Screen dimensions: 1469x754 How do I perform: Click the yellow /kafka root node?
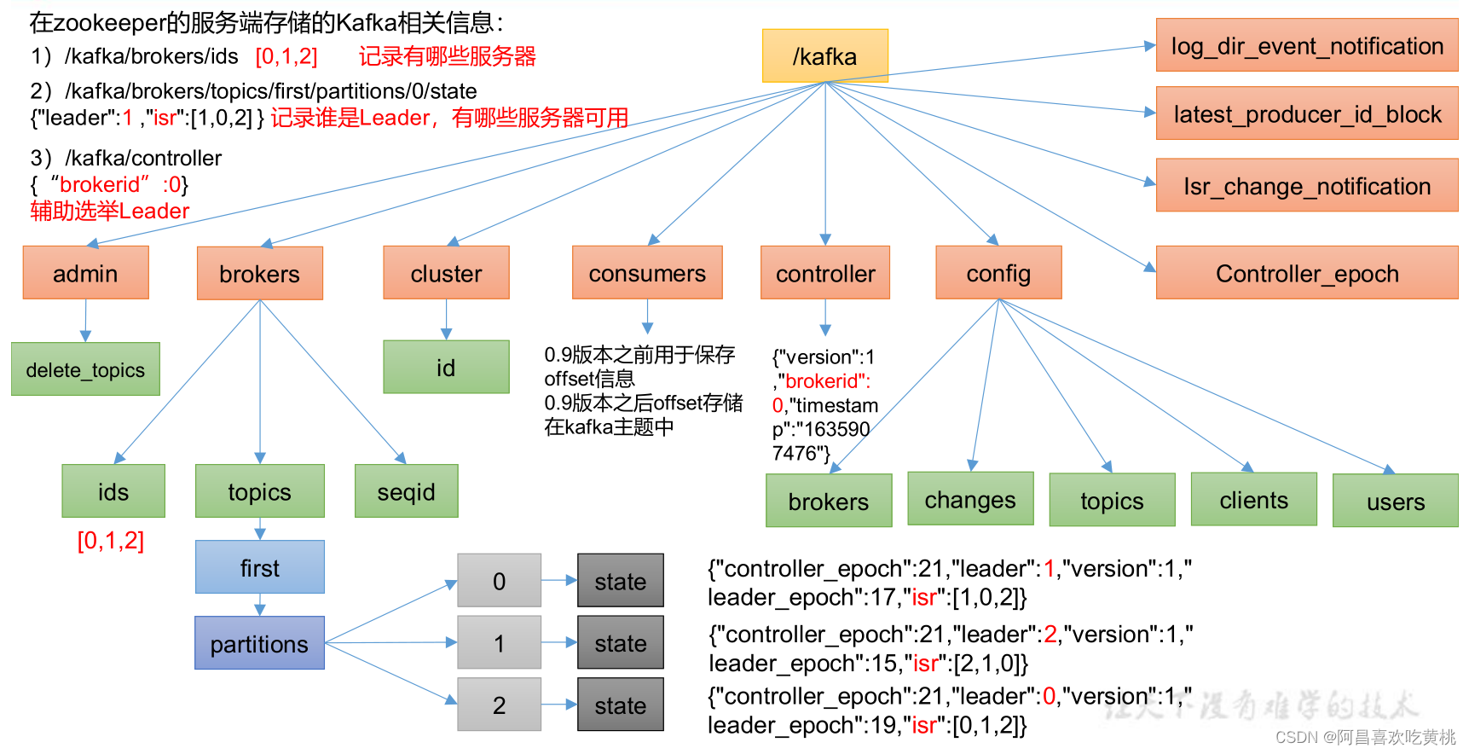pos(825,55)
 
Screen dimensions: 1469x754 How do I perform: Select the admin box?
pos(86,273)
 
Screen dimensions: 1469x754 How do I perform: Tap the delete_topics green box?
pos(85,369)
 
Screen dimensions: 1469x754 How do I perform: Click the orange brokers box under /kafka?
pos(260,274)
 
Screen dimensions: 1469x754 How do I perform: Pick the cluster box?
pos(447,273)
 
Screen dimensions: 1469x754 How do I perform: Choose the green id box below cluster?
pos(447,367)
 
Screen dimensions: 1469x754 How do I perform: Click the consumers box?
pos(648,273)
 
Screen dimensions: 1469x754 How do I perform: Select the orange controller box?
pos(825,273)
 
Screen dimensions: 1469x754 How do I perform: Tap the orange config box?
pos(999,273)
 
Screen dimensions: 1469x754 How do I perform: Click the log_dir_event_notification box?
pos(1307,45)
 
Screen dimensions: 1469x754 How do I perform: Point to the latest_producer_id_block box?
pos(1307,113)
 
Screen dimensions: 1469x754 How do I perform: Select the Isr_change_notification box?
pos(1307,185)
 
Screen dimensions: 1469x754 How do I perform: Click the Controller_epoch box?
pos(1307,273)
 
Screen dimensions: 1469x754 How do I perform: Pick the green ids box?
pos(113,491)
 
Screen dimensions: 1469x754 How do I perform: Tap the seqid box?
pos(407,491)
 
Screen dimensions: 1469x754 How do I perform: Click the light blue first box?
pos(260,567)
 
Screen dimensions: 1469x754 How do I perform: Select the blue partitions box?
pos(260,643)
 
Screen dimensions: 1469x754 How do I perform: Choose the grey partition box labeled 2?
pos(500,705)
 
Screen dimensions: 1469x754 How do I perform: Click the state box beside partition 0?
pos(621,581)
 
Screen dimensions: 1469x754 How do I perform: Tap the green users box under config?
pos(1396,501)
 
